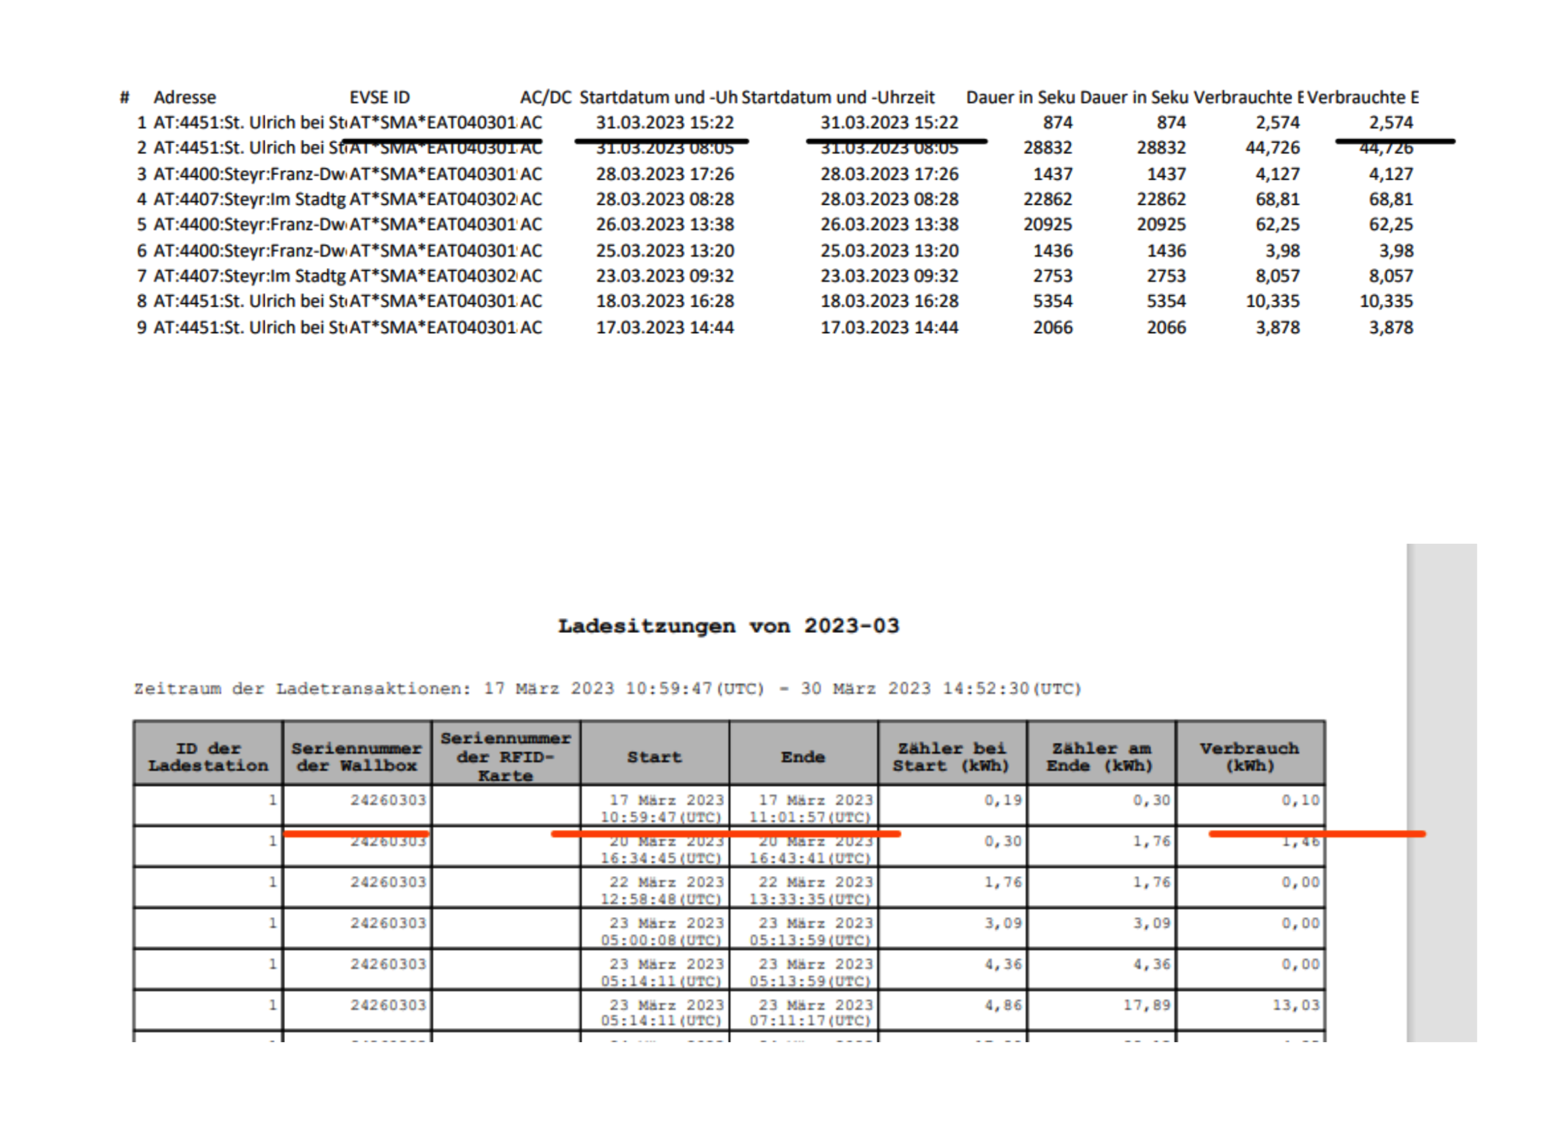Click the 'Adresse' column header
(x=184, y=97)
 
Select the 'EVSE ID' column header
(x=379, y=97)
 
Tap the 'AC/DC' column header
(x=545, y=97)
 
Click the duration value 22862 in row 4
(x=1048, y=199)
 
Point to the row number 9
(x=142, y=328)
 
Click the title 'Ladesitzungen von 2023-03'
(x=728, y=626)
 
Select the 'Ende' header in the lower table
(x=802, y=756)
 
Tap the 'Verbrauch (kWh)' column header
(x=1249, y=756)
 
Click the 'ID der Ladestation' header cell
(x=207, y=756)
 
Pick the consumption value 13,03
(x=1296, y=1006)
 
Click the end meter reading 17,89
(x=1146, y=1006)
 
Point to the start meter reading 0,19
(x=1002, y=800)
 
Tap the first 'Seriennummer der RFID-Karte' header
(x=505, y=756)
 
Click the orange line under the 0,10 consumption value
(x=1317, y=834)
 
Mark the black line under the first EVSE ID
(x=442, y=142)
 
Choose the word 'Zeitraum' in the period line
(x=178, y=689)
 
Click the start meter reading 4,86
(x=1002, y=1006)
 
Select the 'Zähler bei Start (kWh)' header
(x=951, y=756)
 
